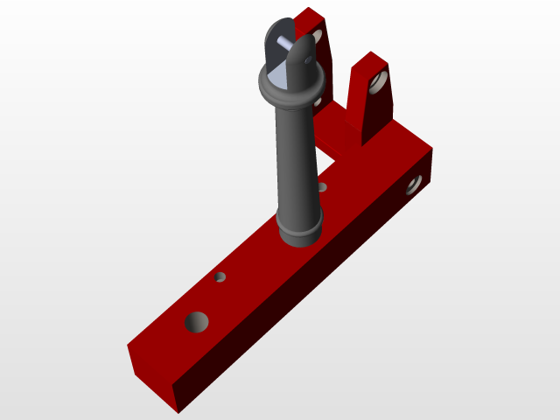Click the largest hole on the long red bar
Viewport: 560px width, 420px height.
click(x=197, y=322)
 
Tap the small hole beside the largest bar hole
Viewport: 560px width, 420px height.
click(x=220, y=277)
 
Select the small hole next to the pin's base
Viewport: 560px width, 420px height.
click(x=322, y=186)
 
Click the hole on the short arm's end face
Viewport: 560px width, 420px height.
click(x=413, y=185)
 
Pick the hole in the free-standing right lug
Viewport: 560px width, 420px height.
click(x=378, y=84)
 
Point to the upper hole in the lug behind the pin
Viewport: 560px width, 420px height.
click(x=316, y=37)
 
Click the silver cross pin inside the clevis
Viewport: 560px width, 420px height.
click(x=285, y=41)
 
